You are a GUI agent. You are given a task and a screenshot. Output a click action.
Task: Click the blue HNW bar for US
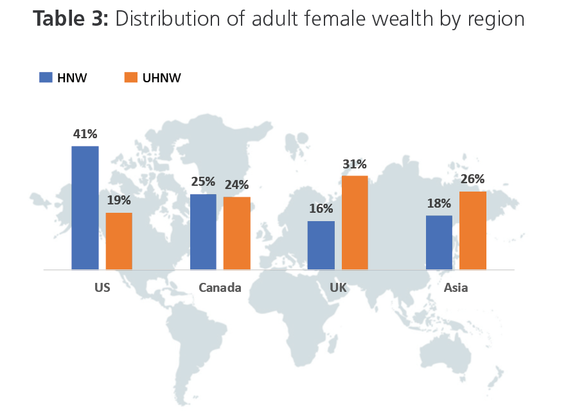(85, 208)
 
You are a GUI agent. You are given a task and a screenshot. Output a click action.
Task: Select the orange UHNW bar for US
(119, 241)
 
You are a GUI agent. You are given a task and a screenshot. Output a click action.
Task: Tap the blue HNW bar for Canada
(203, 231)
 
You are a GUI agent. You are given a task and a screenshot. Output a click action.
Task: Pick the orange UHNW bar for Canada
(236, 233)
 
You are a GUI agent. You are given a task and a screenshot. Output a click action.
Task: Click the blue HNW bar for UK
(321, 245)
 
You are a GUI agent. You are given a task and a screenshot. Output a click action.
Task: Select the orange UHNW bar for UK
(355, 222)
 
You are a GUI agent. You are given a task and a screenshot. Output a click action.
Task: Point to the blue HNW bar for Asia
(439, 242)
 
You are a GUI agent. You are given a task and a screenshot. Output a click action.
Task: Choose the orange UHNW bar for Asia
(473, 230)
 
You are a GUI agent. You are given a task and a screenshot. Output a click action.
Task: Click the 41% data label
(85, 134)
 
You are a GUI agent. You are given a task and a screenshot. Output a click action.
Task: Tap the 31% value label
(355, 164)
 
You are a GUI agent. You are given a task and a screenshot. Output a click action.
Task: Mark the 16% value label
(321, 209)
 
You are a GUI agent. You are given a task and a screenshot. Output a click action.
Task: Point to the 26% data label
(473, 179)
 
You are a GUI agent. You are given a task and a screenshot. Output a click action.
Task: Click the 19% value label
(119, 201)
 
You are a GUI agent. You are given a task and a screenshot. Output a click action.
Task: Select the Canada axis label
(220, 287)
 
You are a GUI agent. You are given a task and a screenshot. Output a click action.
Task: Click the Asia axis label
(456, 287)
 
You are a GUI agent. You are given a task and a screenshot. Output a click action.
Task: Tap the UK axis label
(338, 287)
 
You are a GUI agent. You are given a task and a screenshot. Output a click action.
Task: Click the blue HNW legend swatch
(46, 78)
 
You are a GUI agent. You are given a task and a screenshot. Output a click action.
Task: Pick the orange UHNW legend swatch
(130, 78)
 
